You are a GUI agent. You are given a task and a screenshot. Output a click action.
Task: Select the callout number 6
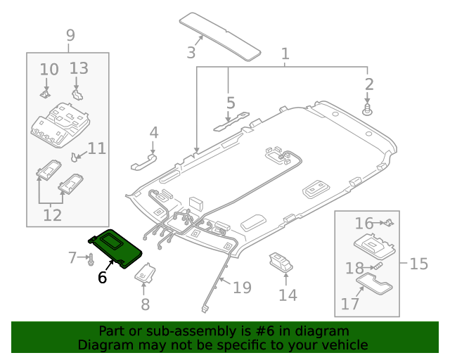(103, 278)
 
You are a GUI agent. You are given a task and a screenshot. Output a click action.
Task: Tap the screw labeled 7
(91, 260)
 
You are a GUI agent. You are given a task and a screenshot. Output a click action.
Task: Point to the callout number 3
(191, 51)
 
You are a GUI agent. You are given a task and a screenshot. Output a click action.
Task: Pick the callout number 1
(285, 53)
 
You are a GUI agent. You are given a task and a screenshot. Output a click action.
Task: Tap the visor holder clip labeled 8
(146, 274)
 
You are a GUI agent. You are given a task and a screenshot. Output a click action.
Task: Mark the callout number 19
(242, 287)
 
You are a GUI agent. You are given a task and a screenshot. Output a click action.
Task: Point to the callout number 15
(418, 264)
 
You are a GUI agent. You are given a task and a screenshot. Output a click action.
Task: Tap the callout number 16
(364, 224)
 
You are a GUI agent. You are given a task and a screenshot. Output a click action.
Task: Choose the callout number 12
(53, 215)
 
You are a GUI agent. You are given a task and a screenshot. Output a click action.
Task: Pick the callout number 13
(79, 68)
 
